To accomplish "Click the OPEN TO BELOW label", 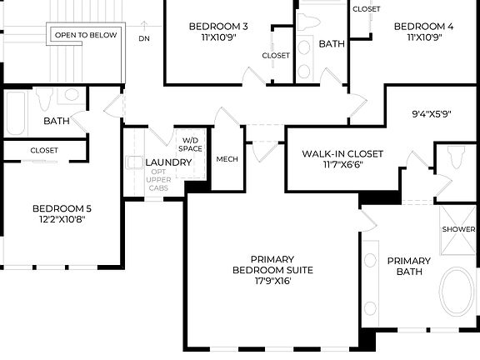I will tap(86, 35).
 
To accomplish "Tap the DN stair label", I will tap(144, 38).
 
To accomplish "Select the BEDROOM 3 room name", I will tap(218, 27).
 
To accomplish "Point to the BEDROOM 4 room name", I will tap(423, 27).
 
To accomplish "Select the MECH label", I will tap(227, 159).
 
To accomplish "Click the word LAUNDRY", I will tap(168, 162).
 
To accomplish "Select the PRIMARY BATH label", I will tap(409, 266).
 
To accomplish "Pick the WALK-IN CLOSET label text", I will tap(342, 153).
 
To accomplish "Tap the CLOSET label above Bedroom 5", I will tap(44, 150).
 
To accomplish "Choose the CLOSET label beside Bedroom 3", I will tap(276, 56).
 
